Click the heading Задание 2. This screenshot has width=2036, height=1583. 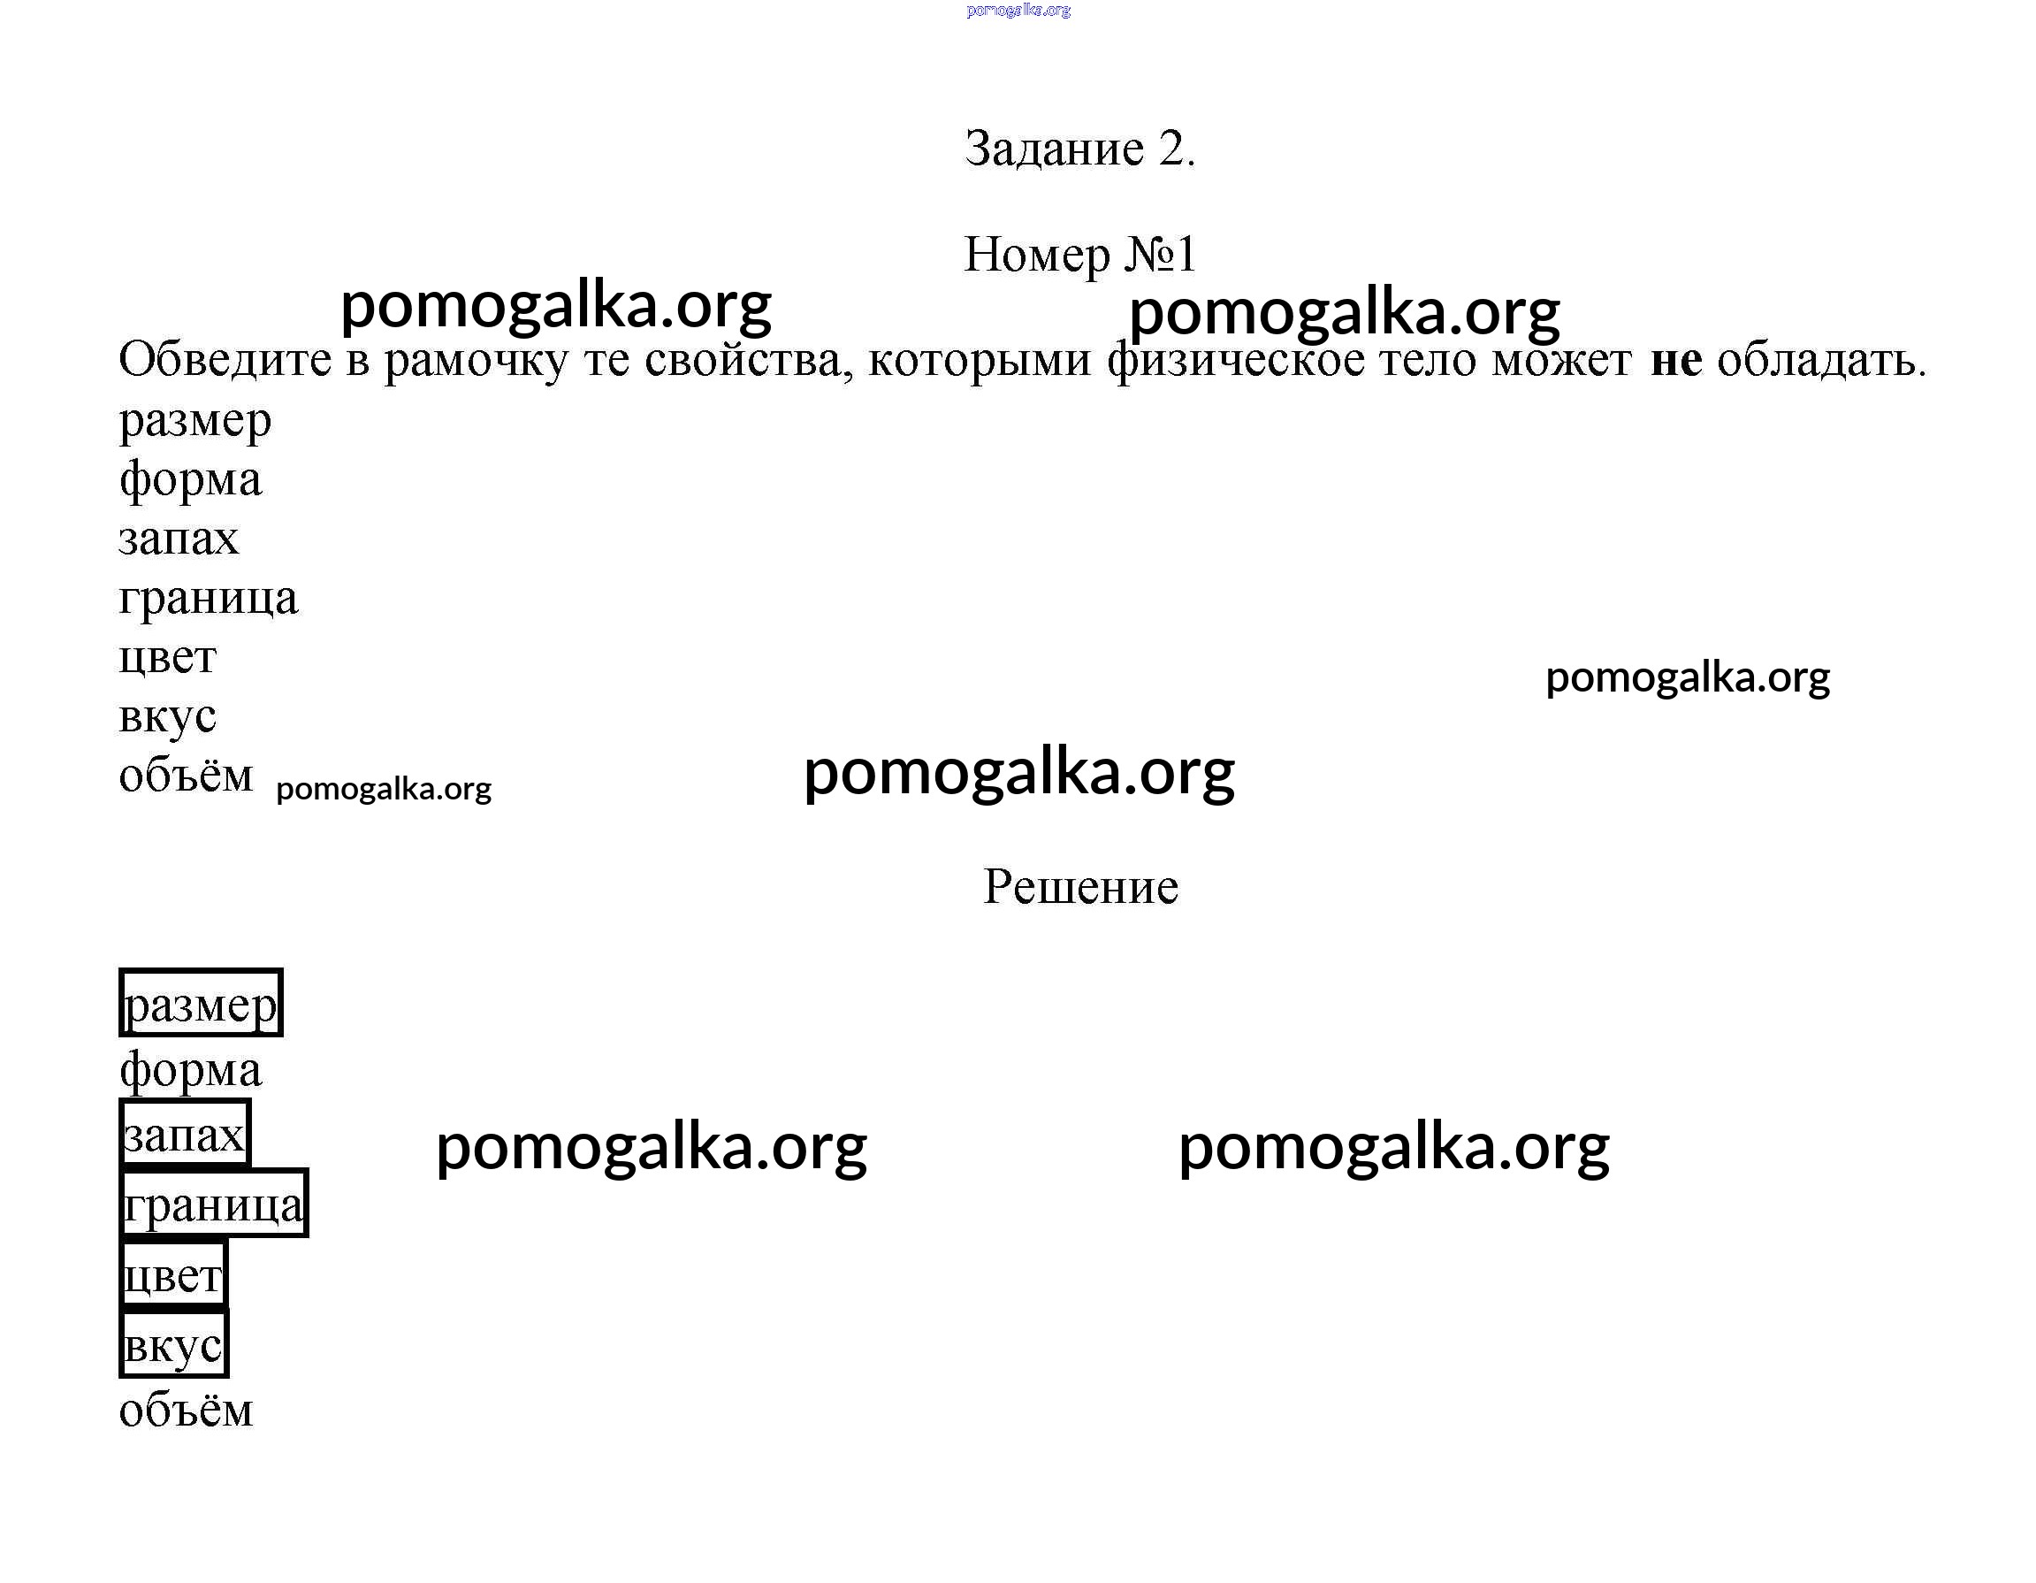pyautogui.click(x=1079, y=149)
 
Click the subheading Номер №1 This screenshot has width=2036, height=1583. pyautogui.click(x=1079, y=254)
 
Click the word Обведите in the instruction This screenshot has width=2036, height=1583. pyautogui.click(x=225, y=359)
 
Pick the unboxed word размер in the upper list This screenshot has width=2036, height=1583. pyautogui.click(x=194, y=423)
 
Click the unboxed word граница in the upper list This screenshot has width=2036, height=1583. pyautogui.click(x=209, y=599)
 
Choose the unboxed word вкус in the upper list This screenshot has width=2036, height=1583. pyautogui.click(x=168, y=717)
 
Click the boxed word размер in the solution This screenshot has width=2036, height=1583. pyautogui.click(x=201, y=1003)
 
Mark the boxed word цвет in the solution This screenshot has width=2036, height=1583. pyautogui.click(x=173, y=1274)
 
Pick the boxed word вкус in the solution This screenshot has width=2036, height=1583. pyautogui.click(x=173, y=1344)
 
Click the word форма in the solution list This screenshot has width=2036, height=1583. pyautogui.click(x=191, y=1071)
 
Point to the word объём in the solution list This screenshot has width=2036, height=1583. pyautogui.click(x=187, y=1409)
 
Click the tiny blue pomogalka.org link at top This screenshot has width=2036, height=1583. pyautogui.click(x=1019, y=11)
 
